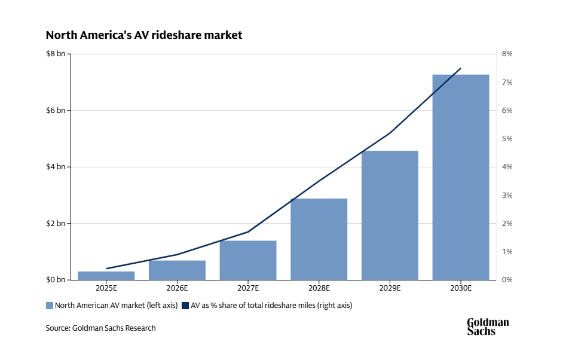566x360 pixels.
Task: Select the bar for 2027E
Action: pyautogui.click(x=248, y=260)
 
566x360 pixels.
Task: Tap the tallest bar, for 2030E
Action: pyautogui.click(x=461, y=177)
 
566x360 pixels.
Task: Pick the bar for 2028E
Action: pyautogui.click(x=319, y=239)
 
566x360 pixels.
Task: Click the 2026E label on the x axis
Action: pyautogui.click(x=177, y=288)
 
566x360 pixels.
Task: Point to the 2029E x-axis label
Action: pyautogui.click(x=390, y=288)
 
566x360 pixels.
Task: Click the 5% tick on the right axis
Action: pyautogui.click(x=507, y=139)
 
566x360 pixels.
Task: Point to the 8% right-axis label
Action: pyautogui.click(x=507, y=54)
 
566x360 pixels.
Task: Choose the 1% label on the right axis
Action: pyautogui.click(x=507, y=252)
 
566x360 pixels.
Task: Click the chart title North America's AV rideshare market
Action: pyautogui.click(x=144, y=35)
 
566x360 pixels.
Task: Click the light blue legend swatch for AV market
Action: pyautogui.click(x=50, y=306)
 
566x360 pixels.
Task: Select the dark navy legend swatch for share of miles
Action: pyautogui.click(x=186, y=306)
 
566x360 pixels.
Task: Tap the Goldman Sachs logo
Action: pyautogui.click(x=488, y=327)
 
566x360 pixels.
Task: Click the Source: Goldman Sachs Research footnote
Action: pyautogui.click(x=100, y=328)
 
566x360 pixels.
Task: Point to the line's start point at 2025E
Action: pyautogui.click(x=106, y=269)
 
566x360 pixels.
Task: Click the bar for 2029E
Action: pyautogui.click(x=390, y=215)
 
